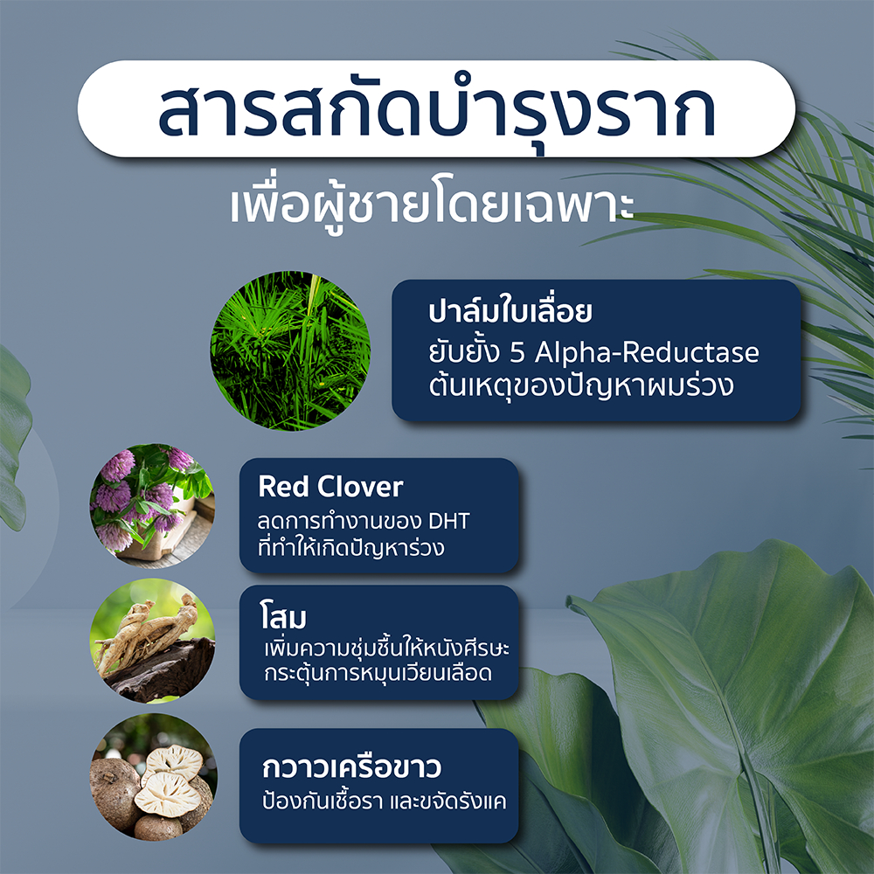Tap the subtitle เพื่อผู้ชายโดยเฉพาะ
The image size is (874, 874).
pyautogui.click(x=433, y=206)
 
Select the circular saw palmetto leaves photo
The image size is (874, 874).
pyautogui.click(x=290, y=350)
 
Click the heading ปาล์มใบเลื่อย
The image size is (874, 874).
pyautogui.click(x=510, y=311)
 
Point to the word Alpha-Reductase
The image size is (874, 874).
pyautogui.click(x=647, y=352)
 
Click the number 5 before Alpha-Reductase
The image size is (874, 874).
pyautogui.click(x=517, y=353)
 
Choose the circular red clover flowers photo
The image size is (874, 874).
pyautogui.click(x=152, y=506)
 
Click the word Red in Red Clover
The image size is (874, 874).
pyautogui.click(x=282, y=487)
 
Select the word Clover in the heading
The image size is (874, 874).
pyautogui.click(x=360, y=487)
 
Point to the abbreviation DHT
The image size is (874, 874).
pyautogui.click(x=448, y=522)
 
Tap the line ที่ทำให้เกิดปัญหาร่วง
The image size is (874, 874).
pyautogui.click(x=350, y=547)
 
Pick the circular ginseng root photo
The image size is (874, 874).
pyautogui.click(x=152, y=641)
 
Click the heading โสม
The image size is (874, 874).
pyautogui.click(x=283, y=616)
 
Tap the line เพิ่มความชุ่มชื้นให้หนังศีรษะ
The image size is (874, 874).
pyautogui.click(x=387, y=647)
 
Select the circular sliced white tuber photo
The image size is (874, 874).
pyautogui.click(x=153, y=777)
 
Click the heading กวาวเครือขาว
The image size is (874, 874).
pyautogui.click(x=351, y=767)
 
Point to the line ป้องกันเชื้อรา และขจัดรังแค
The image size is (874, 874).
pyautogui.click(x=384, y=801)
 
